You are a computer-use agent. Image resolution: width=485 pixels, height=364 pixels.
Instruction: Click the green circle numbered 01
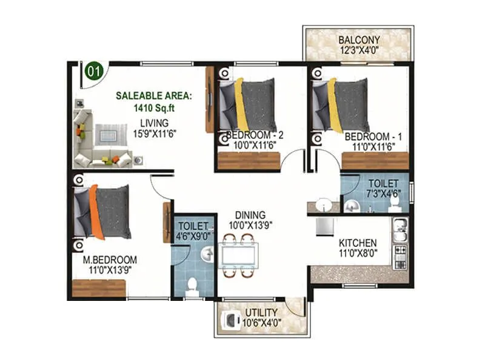93,71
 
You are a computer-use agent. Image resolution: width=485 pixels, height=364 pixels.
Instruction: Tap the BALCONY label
359,40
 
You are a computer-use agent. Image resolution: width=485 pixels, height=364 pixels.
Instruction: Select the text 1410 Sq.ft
154,108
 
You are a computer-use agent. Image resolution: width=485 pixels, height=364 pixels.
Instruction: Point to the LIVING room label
154,123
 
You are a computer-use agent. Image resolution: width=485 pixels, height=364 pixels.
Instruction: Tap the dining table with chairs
238,254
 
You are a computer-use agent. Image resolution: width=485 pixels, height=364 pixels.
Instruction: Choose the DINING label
250,214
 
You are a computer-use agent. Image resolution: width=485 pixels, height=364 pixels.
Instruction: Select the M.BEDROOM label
110,258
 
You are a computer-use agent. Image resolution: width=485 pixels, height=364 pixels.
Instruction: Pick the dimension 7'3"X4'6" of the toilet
382,194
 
